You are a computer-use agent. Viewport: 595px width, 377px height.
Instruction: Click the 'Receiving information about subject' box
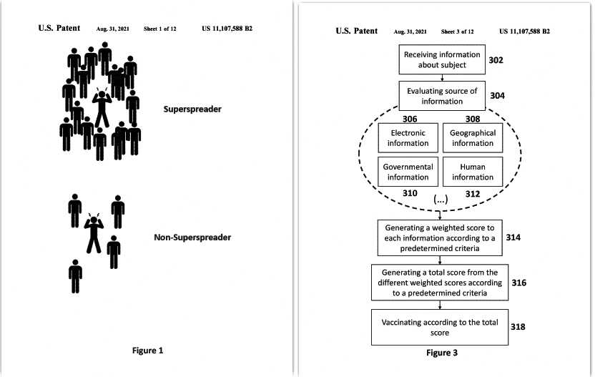[x=442, y=59]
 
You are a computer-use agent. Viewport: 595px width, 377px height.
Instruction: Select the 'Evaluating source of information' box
[x=442, y=96]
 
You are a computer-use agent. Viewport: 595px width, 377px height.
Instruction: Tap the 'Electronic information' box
[x=408, y=138]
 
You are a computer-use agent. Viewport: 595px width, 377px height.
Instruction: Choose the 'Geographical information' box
[x=473, y=138]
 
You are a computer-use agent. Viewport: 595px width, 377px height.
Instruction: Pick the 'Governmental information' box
[x=408, y=172]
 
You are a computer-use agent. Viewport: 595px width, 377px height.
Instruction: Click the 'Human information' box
[x=473, y=172]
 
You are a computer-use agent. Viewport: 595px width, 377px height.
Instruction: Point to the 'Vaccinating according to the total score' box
[x=439, y=327]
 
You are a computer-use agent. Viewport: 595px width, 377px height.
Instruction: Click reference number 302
[x=496, y=60]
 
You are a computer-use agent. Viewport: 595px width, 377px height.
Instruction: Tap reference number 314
[x=513, y=238]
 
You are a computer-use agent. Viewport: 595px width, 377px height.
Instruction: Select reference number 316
[x=518, y=283]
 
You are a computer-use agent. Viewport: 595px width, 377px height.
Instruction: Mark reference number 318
[x=518, y=326]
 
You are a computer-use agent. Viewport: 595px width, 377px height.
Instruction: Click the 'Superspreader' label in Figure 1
[x=192, y=109]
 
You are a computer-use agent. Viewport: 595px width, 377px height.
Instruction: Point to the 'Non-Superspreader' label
[x=192, y=238]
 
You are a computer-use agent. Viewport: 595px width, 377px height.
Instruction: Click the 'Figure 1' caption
[x=147, y=351]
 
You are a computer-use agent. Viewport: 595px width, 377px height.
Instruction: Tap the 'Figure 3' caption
[x=442, y=353]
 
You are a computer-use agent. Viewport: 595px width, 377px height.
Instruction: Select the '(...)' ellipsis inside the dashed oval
[x=441, y=199]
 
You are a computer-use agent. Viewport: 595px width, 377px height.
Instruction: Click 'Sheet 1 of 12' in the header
[x=159, y=29]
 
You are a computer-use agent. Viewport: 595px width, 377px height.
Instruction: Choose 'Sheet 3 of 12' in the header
[x=457, y=31]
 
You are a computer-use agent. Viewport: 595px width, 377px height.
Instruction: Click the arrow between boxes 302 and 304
[x=442, y=78]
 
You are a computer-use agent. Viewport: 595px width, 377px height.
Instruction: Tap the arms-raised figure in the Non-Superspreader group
[x=94, y=233]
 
